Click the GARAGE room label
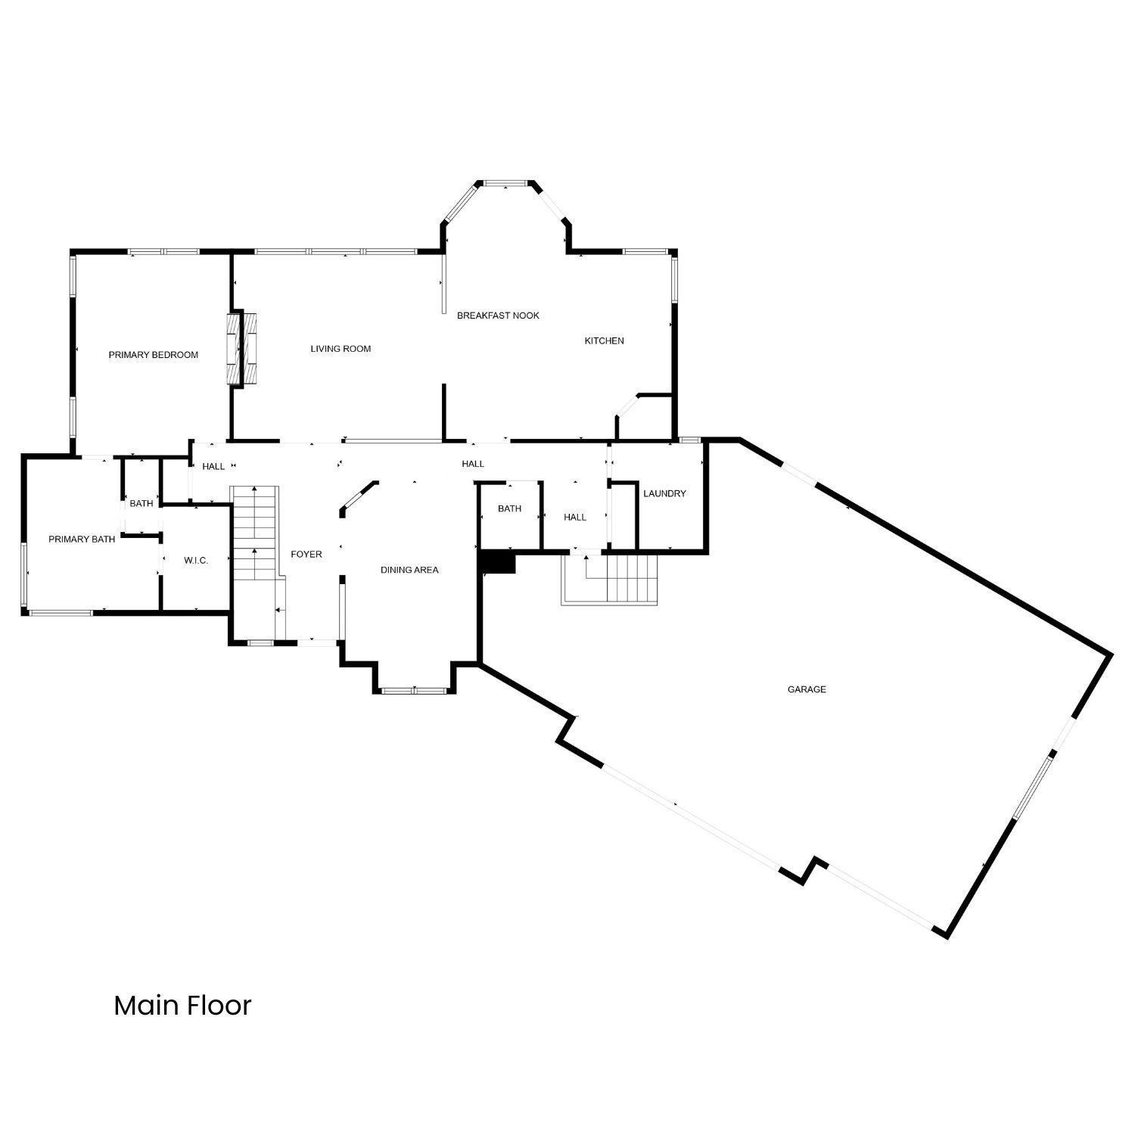(x=807, y=689)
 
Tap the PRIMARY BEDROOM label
(x=154, y=355)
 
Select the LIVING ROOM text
(x=340, y=349)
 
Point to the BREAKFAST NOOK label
(x=498, y=316)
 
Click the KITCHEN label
(x=604, y=340)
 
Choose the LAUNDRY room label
(x=664, y=493)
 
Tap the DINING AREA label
(x=409, y=570)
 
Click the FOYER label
(x=306, y=555)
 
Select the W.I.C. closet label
(x=196, y=561)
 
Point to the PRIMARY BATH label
(x=82, y=540)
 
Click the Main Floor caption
(x=182, y=1006)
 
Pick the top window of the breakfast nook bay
(x=505, y=182)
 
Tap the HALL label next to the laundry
(x=575, y=518)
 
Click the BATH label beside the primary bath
(x=141, y=503)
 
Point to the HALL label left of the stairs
(x=213, y=466)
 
